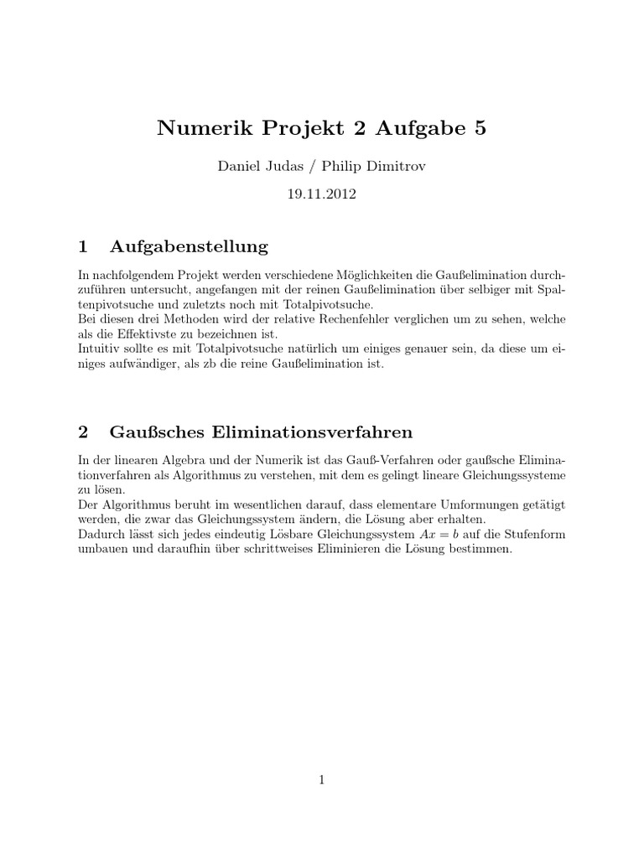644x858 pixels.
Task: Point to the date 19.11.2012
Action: pos(322,194)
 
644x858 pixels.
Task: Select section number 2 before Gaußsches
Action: pos(82,432)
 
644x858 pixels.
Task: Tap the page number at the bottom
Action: pos(322,780)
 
